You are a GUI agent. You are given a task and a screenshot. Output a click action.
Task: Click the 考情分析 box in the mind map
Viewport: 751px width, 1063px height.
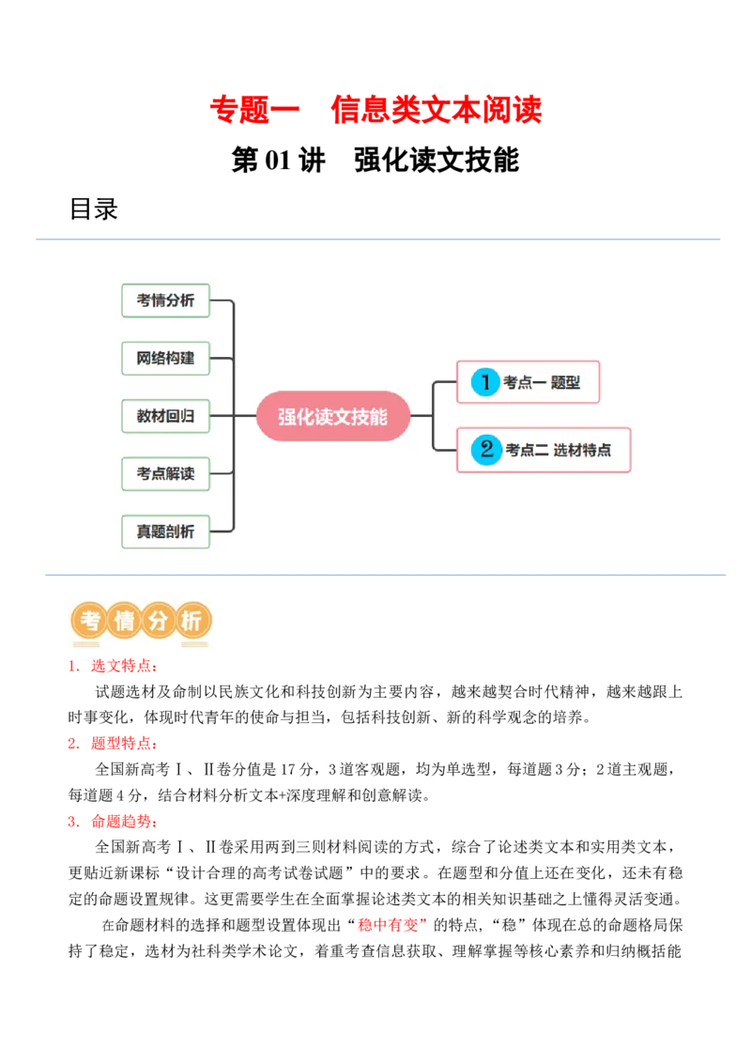coord(165,300)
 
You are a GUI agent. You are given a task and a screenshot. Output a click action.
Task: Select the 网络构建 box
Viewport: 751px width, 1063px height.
coord(165,359)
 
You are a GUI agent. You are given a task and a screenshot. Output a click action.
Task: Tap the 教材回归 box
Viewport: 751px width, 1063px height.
coord(165,416)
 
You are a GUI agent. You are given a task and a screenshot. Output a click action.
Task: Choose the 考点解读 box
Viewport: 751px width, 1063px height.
coord(165,474)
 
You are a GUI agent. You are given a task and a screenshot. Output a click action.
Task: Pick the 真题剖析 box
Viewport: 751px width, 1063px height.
coord(165,531)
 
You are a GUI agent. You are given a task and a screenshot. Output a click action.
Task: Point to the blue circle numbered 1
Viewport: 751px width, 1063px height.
coord(485,382)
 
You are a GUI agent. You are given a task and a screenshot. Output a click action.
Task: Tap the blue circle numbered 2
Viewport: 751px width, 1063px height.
coord(485,450)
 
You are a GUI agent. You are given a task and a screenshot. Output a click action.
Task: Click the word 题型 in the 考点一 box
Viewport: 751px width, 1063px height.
coord(566,383)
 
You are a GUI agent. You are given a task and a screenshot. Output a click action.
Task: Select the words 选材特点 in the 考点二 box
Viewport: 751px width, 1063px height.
coord(582,451)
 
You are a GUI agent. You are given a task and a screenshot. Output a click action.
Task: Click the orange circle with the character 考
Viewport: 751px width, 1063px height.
coord(90,621)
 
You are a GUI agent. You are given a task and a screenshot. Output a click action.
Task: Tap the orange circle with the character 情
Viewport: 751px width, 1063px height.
coord(124,621)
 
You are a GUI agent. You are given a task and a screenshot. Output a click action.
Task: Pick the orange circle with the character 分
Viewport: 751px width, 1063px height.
coord(158,621)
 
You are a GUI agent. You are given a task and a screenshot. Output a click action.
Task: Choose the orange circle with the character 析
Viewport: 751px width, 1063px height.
coord(192,621)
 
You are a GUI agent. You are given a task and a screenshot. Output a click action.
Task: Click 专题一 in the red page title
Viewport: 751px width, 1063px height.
coord(253,110)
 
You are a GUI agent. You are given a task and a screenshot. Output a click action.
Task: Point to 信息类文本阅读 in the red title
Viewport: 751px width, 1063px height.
coord(437,110)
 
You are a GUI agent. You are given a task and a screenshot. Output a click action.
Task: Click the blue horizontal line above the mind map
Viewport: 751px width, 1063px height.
coord(375,237)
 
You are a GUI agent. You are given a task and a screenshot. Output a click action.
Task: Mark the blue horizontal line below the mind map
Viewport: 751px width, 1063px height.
coord(387,575)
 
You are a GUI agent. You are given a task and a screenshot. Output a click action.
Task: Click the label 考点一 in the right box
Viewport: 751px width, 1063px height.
coord(525,383)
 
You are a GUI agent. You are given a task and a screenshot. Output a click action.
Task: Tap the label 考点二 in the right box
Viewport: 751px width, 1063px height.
coord(527,451)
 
